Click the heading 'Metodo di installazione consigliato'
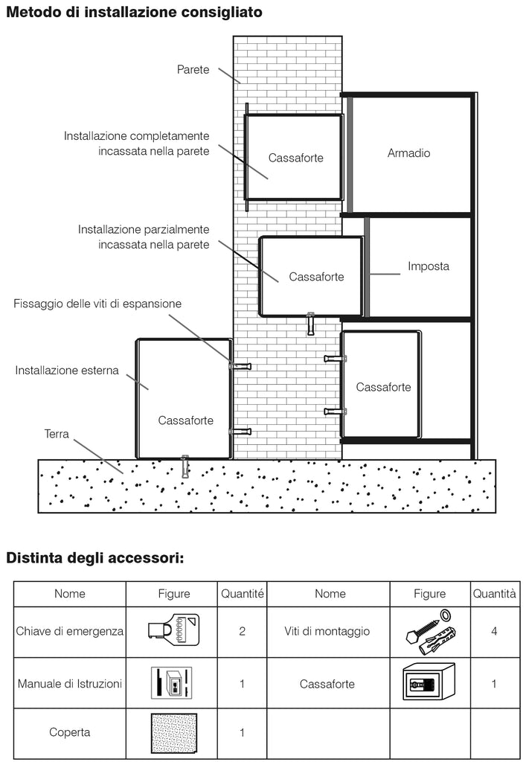tap(134, 12)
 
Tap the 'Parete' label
tap(193, 69)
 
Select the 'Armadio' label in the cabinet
tap(408, 153)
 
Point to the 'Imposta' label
tap(429, 266)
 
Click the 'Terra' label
tap(57, 434)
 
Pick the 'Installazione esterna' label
tap(67, 371)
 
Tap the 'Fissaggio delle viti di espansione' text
tap(97, 304)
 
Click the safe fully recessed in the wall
tap(294, 158)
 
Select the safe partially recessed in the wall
tap(311, 277)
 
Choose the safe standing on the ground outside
tap(184, 399)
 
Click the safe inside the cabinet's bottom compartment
tap(381, 385)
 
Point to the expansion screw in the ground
tap(185, 467)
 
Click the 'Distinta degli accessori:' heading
tap(95, 557)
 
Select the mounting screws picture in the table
tap(430, 632)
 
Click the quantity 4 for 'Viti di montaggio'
tap(494, 631)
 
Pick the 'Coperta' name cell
tap(69, 732)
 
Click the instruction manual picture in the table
tap(171, 683)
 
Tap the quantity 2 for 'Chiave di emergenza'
tap(242, 631)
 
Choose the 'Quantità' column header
tap(495, 593)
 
